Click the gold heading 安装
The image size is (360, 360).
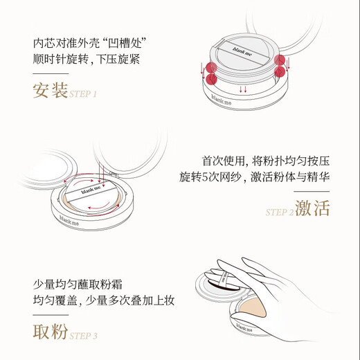click(x=50, y=90)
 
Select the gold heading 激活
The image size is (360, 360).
click(x=312, y=208)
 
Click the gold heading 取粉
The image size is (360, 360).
click(x=50, y=332)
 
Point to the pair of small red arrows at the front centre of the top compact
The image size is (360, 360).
click(x=242, y=89)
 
